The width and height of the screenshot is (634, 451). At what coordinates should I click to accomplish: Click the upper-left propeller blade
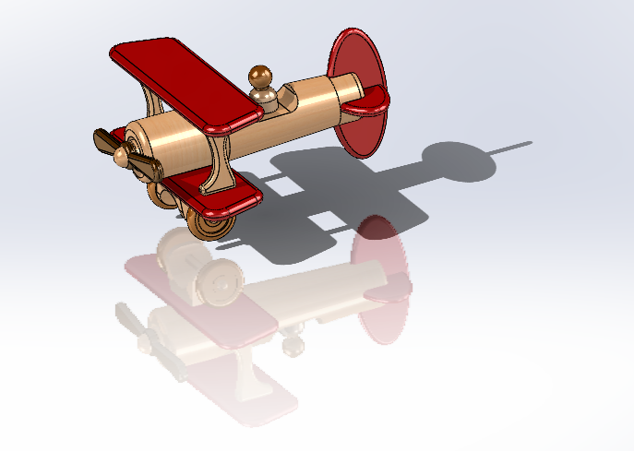(104, 141)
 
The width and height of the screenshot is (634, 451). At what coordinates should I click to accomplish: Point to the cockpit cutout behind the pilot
(287, 96)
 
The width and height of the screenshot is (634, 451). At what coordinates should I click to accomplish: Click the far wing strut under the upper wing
(149, 98)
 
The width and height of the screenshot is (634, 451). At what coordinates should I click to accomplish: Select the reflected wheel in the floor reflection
(219, 280)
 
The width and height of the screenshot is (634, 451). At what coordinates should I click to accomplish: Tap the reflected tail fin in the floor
(380, 277)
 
